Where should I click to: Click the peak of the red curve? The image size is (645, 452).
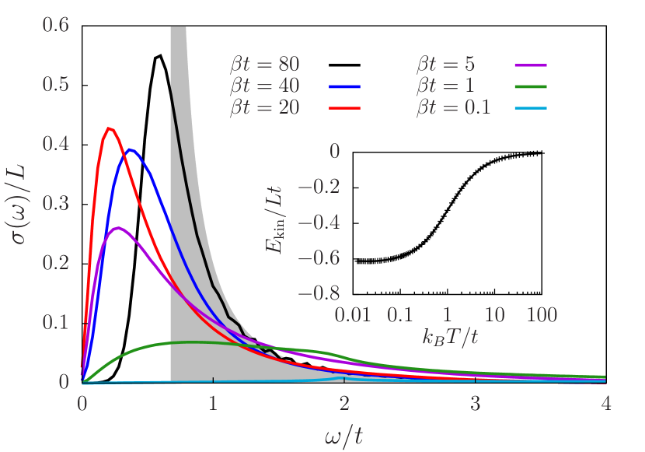(110, 128)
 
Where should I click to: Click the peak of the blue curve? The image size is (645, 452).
(133, 149)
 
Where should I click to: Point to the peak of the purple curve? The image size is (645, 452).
(117, 228)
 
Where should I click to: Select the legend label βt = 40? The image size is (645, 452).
(264, 85)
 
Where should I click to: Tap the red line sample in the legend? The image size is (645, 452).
(345, 107)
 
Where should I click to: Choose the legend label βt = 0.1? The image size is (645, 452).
(453, 107)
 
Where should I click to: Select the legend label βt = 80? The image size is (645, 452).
(264, 64)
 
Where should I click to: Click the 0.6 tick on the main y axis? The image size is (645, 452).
(57, 26)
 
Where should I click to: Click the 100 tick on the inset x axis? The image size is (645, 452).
(542, 315)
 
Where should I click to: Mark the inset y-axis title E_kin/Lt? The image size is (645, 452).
(274, 221)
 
